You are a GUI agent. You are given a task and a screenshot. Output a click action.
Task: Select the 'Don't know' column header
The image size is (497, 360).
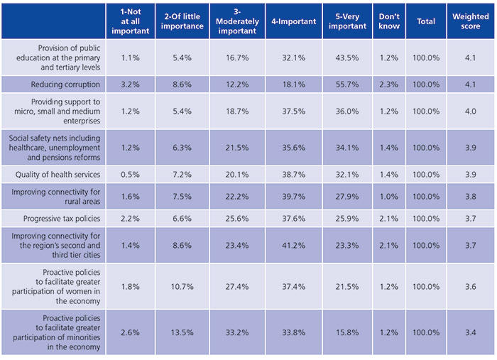pos(389,21)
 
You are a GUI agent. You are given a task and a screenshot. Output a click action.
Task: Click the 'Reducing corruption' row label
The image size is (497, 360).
pos(68,84)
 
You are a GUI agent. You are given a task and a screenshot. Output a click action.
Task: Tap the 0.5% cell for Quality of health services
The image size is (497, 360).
pos(130,175)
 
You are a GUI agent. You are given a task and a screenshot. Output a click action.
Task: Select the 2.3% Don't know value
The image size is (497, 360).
pos(389,84)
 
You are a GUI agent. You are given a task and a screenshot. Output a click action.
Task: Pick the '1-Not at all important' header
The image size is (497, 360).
pos(130,21)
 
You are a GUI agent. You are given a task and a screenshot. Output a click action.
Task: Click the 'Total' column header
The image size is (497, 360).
pos(426,21)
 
